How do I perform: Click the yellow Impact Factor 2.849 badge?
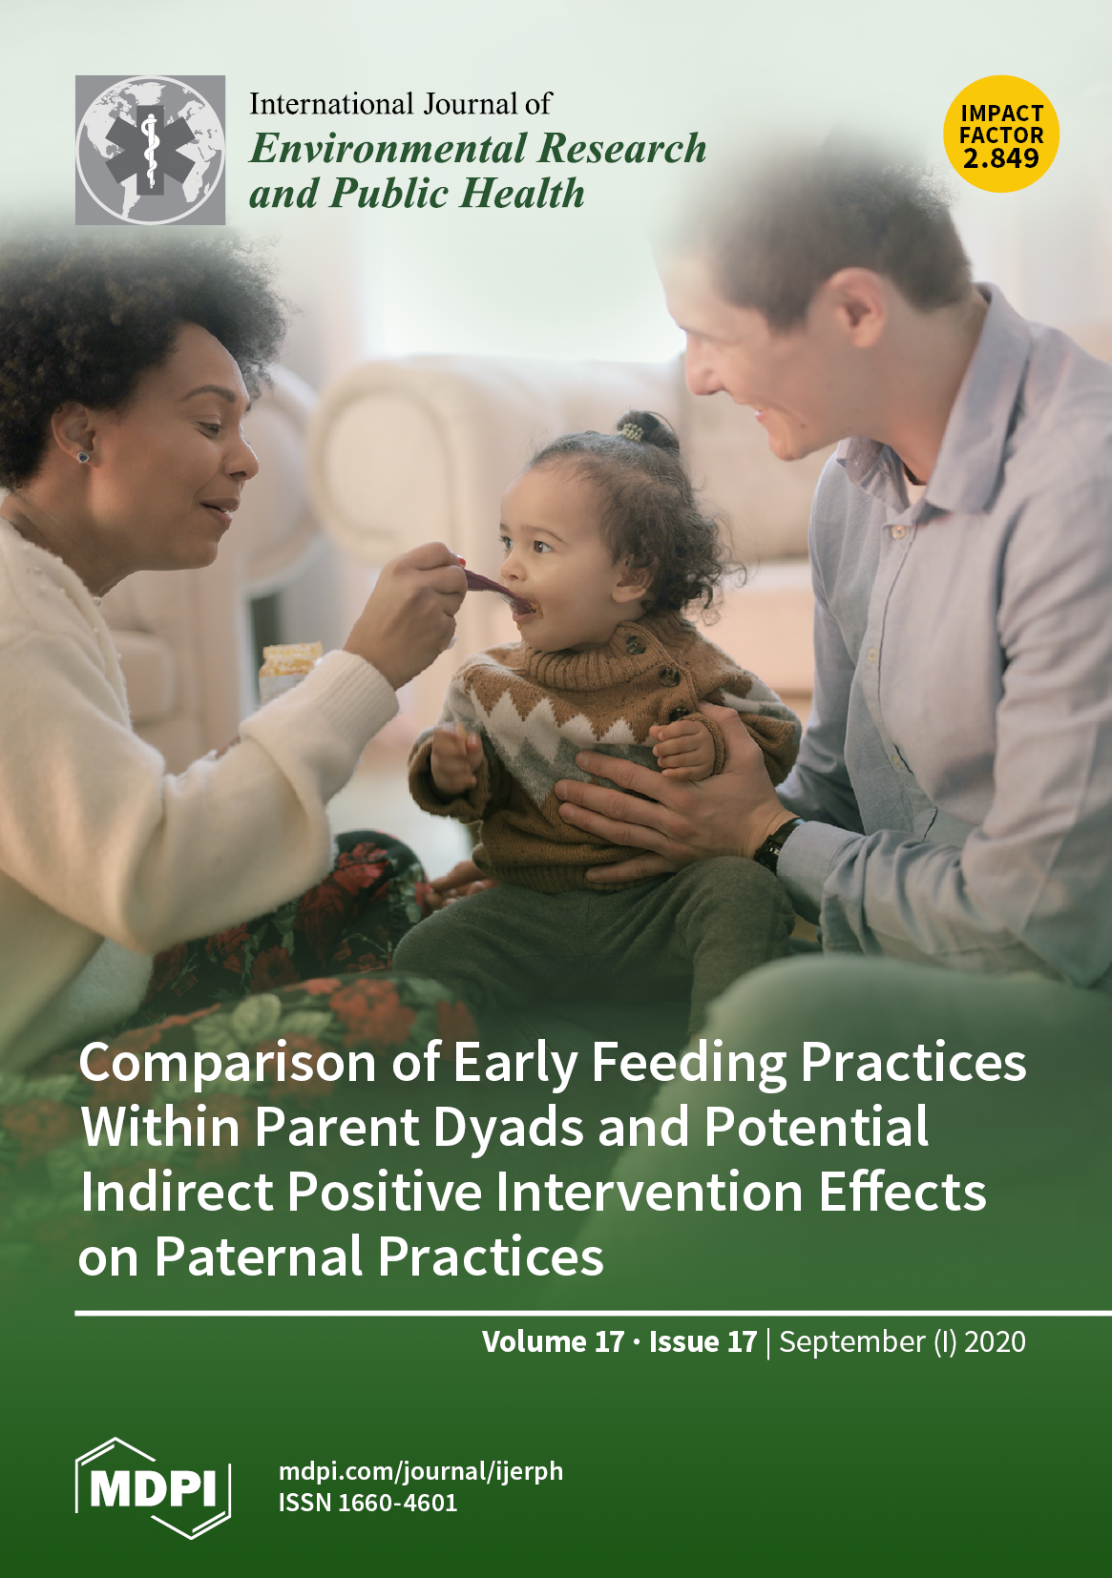(x=1001, y=134)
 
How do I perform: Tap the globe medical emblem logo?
(x=150, y=150)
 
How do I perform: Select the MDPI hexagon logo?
(x=153, y=1487)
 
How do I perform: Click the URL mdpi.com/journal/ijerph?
(x=421, y=1472)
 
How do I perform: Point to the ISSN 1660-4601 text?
(x=367, y=1504)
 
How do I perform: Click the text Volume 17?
(x=554, y=1342)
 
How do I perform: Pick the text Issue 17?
(x=703, y=1342)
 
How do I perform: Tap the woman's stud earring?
(x=83, y=456)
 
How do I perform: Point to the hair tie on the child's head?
(x=631, y=430)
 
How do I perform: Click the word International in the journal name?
(x=331, y=104)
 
